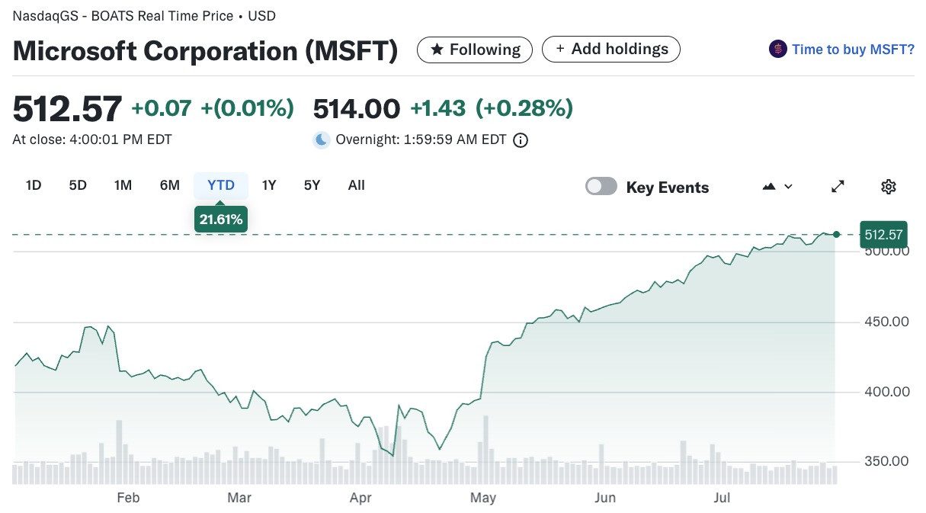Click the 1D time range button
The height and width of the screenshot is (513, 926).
click(x=34, y=185)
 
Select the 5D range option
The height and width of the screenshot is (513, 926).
click(x=78, y=185)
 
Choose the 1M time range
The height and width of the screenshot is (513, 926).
click(x=123, y=185)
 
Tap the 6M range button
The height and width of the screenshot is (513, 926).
click(x=169, y=185)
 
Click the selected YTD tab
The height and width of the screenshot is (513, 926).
click(x=221, y=185)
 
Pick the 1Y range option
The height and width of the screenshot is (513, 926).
click(x=269, y=185)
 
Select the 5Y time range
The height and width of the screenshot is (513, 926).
click(x=312, y=185)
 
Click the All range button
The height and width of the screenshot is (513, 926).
click(x=357, y=185)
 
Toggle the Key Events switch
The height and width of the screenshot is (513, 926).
click(x=601, y=187)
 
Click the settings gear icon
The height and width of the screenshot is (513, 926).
click(x=889, y=187)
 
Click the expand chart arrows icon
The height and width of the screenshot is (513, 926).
click(x=838, y=187)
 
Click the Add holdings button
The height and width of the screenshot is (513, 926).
click(x=611, y=50)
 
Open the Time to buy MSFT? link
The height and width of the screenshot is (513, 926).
click(x=853, y=50)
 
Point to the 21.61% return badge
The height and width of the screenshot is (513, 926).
click(x=221, y=219)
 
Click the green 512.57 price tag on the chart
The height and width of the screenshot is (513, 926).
click(x=883, y=234)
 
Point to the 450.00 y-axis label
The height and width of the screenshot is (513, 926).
click(x=886, y=322)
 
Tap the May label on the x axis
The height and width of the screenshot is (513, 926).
click(x=483, y=498)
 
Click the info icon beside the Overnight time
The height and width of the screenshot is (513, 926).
click(x=521, y=140)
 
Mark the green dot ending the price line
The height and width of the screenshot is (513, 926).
click(x=836, y=234)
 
